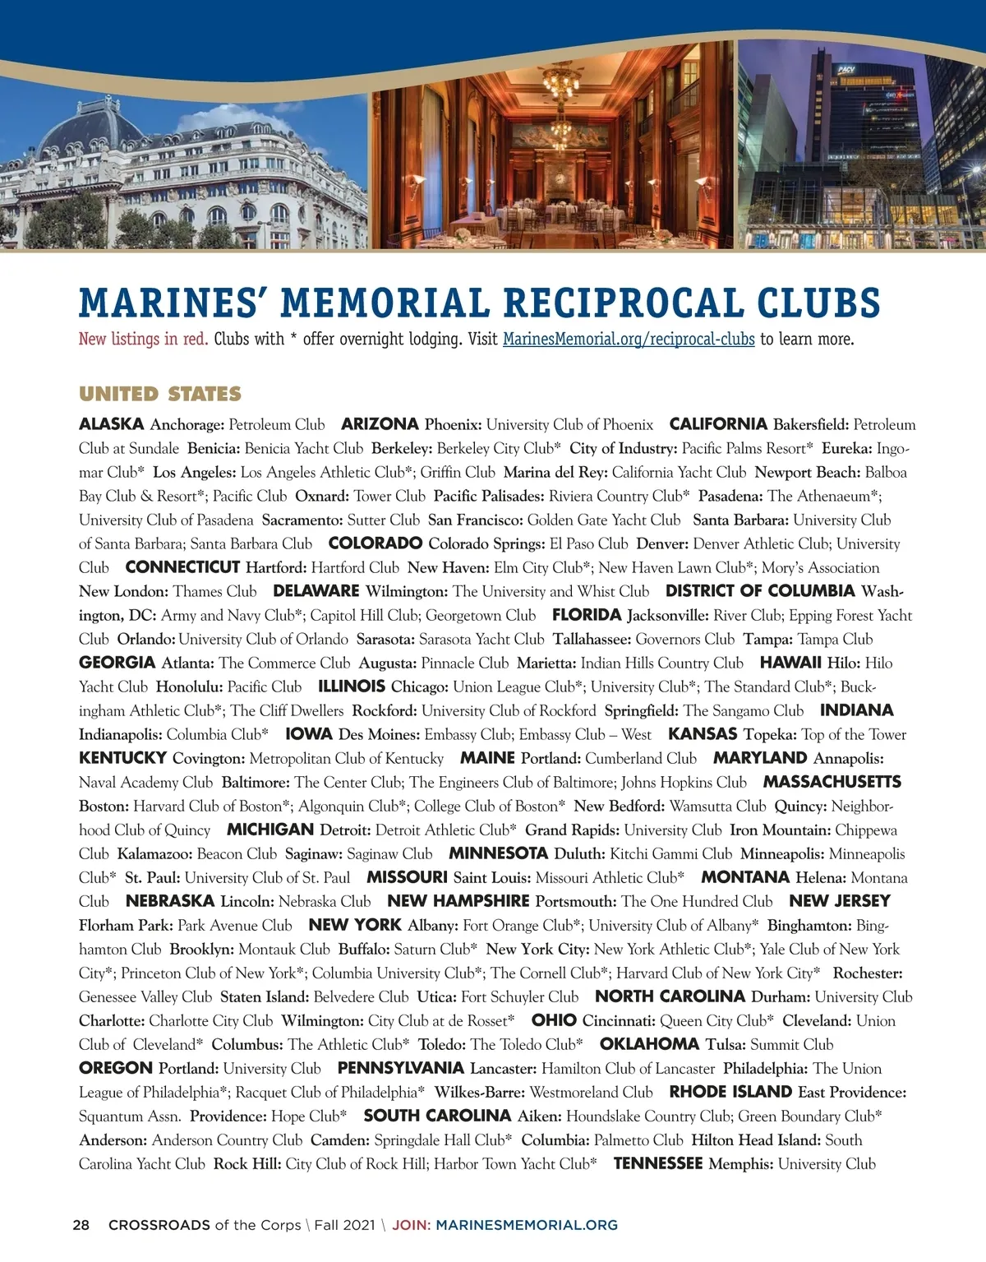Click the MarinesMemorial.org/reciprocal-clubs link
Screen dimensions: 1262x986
coord(629,339)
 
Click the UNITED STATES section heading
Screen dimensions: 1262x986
coord(160,394)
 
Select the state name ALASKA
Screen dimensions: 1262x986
coord(112,424)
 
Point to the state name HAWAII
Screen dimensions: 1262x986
coord(790,663)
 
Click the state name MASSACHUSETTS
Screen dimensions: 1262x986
coord(832,782)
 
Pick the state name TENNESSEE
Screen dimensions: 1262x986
coord(658,1163)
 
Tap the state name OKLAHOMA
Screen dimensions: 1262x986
coord(649,1044)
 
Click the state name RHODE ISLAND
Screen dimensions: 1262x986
coord(730,1092)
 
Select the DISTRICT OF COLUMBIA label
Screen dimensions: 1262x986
coord(760,591)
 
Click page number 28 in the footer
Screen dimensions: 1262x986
coord(81,1225)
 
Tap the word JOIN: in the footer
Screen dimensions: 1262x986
coord(411,1225)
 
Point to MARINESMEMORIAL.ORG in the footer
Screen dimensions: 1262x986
coord(527,1225)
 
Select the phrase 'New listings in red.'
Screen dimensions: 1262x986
coord(144,339)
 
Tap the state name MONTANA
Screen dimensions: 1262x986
coord(745,877)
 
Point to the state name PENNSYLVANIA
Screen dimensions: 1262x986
coord(401,1068)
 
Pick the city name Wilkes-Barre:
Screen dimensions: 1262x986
coord(479,1092)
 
